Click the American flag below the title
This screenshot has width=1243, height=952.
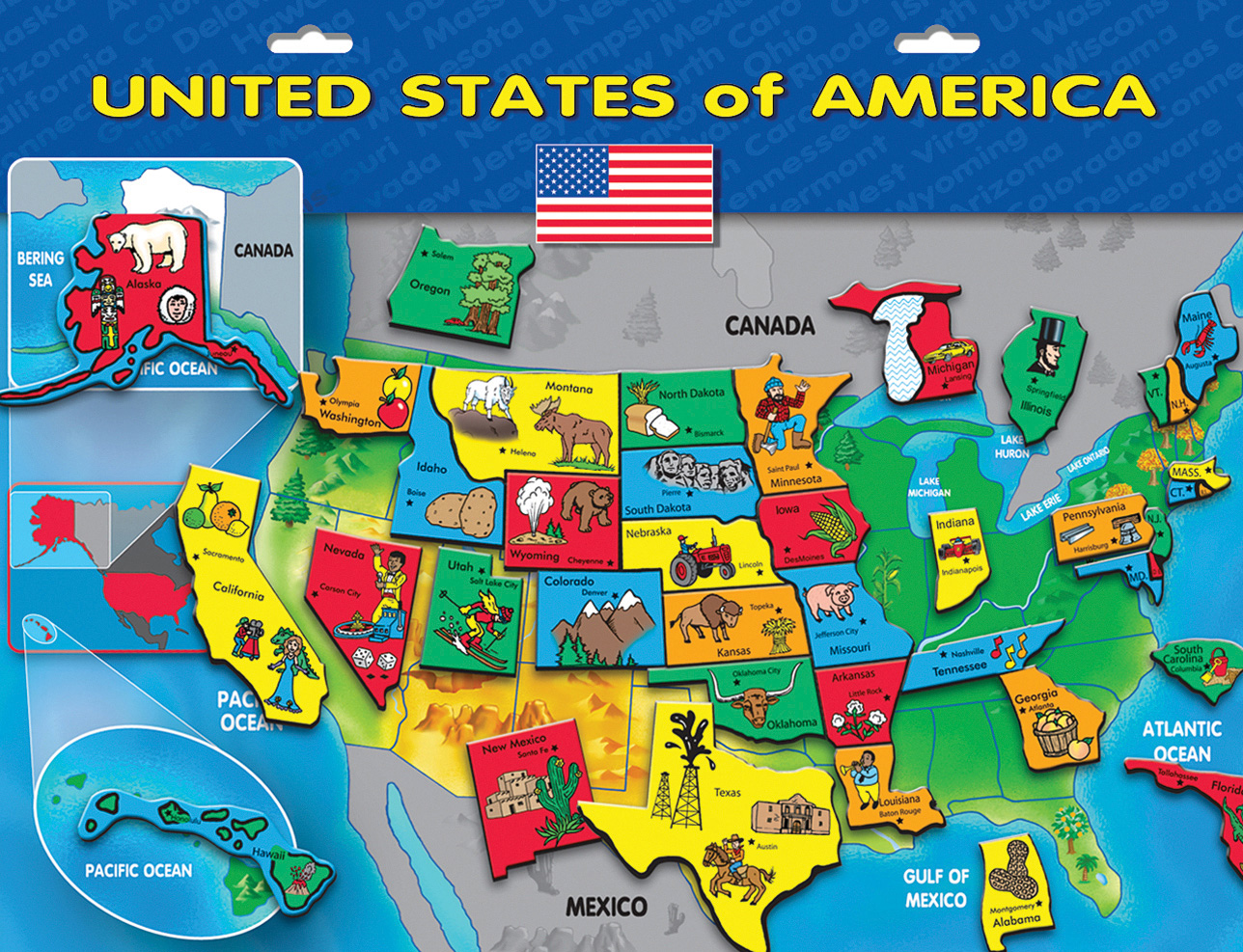click(x=624, y=193)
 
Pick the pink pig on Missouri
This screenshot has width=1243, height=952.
click(x=831, y=599)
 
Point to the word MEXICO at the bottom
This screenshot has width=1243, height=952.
click(x=606, y=907)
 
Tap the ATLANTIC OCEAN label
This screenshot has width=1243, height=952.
click(x=1181, y=741)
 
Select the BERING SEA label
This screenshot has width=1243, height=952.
click(x=41, y=269)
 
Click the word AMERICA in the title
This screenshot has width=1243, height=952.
click(x=983, y=95)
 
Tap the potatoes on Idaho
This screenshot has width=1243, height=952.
click(x=461, y=512)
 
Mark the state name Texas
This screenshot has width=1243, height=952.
click(x=728, y=792)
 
